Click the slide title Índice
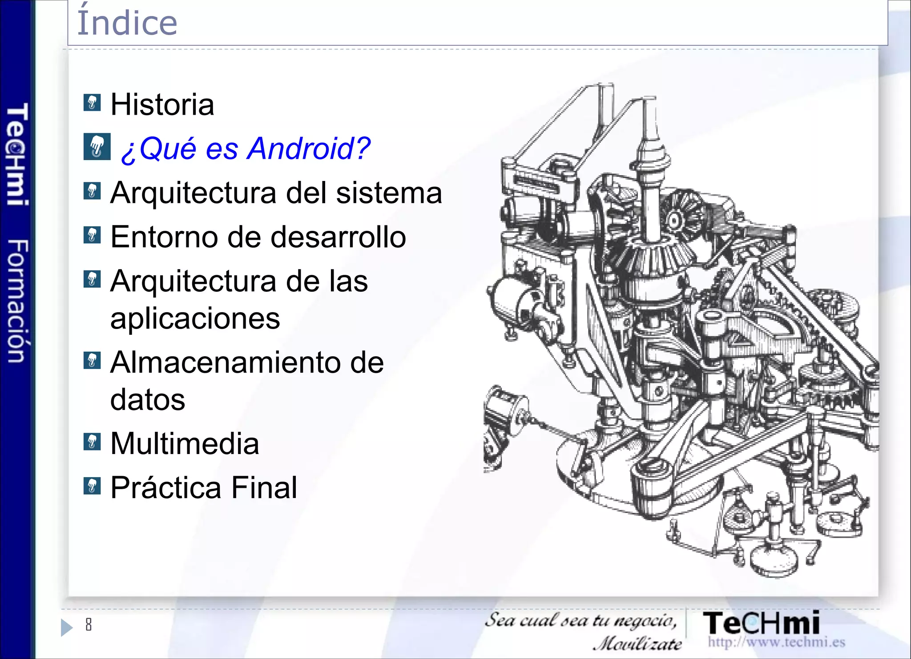click(127, 22)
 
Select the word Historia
click(162, 105)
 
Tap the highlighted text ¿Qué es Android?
click(246, 148)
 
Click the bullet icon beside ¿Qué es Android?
click(97, 147)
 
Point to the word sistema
click(389, 193)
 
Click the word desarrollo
click(338, 237)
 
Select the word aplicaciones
click(195, 318)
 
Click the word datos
click(148, 399)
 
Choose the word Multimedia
click(185, 443)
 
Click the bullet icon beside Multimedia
click(92, 442)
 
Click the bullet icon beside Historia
click(92, 103)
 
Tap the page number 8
click(89, 625)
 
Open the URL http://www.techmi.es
click(776, 642)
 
